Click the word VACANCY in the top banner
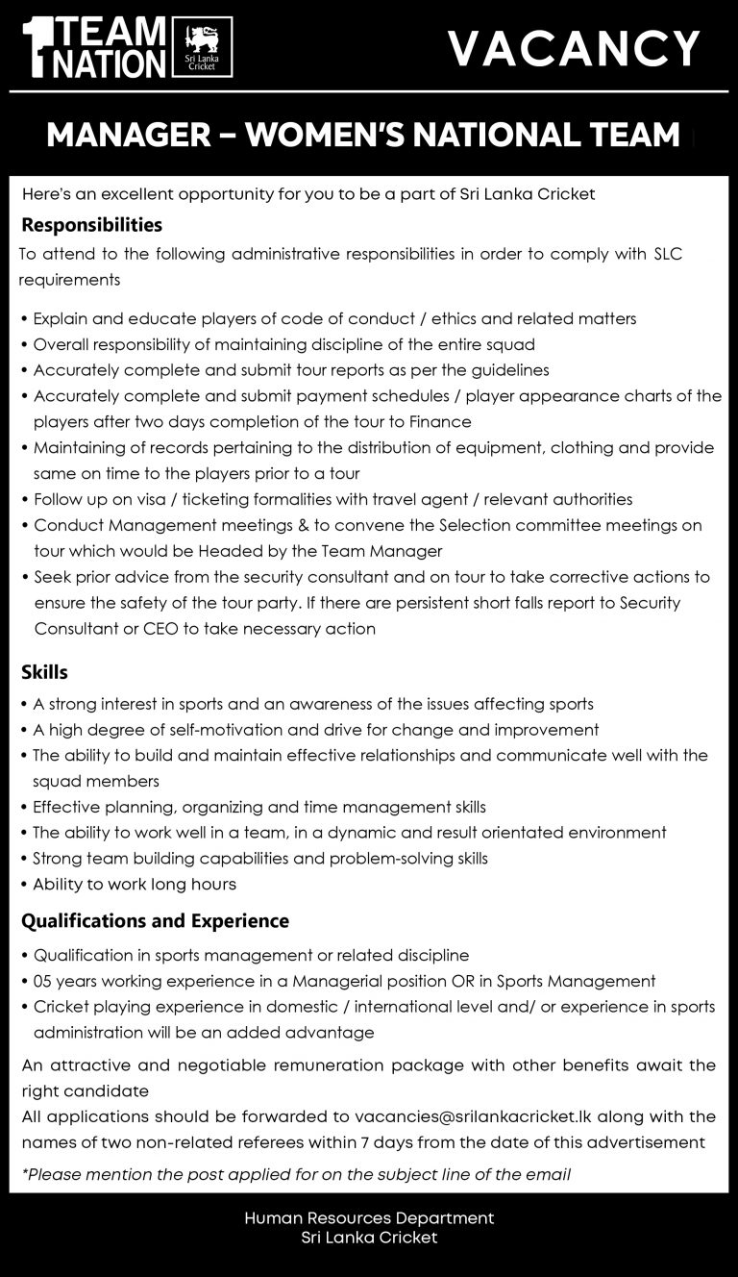tap(575, 48)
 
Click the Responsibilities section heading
tap(92, 226)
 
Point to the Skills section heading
tap(44, 671)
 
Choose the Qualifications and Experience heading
tap(155, 921)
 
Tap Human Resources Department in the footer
tap(369, 1218)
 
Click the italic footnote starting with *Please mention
tap(296, 1174)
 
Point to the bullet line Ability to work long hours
tap(135, 884)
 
